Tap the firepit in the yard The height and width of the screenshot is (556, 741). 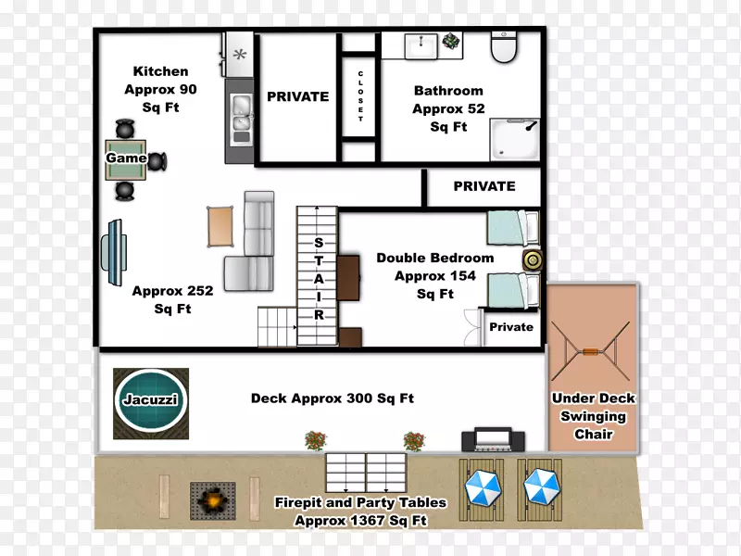coord(213,500)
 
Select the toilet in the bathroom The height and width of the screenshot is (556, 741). coord(504,47)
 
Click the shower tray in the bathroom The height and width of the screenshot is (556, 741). coord(515,140)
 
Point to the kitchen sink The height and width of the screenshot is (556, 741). coord(241,120)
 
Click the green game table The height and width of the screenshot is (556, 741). coord(125,159)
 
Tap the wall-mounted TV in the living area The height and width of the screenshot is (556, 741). coord(113,252)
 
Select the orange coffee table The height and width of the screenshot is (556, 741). coord(220,226)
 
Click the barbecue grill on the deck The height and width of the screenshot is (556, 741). coord(493,439)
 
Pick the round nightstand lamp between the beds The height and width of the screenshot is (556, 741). coord(533,260)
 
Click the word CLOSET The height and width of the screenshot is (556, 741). coord(360,96)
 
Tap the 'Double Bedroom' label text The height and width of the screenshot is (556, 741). coord(434,259)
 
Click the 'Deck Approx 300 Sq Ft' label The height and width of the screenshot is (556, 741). coord(333,398)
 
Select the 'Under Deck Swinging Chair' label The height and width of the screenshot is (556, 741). coord(594,416)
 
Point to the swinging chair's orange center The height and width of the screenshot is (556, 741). coord(590,351)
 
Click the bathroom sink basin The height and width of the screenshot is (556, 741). coord(421,46)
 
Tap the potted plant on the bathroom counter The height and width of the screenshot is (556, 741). coord(451,41)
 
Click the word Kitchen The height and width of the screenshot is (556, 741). coord(160,71)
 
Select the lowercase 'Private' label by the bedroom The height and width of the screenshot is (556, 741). coord(511,327)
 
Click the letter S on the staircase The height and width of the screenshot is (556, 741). coord(319,243)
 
